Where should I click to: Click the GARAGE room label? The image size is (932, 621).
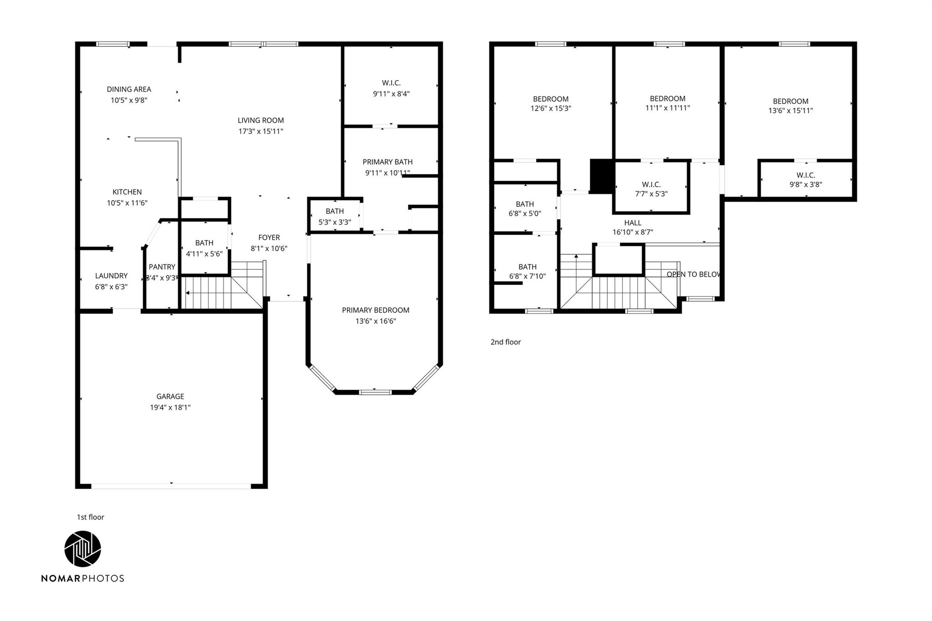(170, 397)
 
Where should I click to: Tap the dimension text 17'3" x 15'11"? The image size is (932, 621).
(261, 131)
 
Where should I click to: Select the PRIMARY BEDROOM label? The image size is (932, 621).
(375, 310)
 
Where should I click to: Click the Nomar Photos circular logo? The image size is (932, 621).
(82, 549)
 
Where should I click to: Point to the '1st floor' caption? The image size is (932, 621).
(91, 517)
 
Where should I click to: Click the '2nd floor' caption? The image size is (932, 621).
(506, 342)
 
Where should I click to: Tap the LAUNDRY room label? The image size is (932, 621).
(111, 276)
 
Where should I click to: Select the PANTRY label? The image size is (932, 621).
(162, 267)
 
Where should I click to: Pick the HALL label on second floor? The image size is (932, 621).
(633, 223)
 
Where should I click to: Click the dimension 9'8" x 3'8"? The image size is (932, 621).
(805, 185)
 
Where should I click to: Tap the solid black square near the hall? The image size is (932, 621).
(601, 176)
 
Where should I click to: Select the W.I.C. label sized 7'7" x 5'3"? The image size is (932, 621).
(651, 184)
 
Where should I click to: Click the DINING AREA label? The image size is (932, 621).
(129, 90)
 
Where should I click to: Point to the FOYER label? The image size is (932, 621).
(269, 237)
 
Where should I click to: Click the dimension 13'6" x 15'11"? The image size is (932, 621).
(790, 111)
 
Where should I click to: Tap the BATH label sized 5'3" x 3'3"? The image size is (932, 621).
(334, 211)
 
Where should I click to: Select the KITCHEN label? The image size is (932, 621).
(127, 192)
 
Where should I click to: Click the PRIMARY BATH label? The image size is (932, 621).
(387, 162)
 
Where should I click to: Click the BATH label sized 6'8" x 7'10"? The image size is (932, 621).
(527, 267)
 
